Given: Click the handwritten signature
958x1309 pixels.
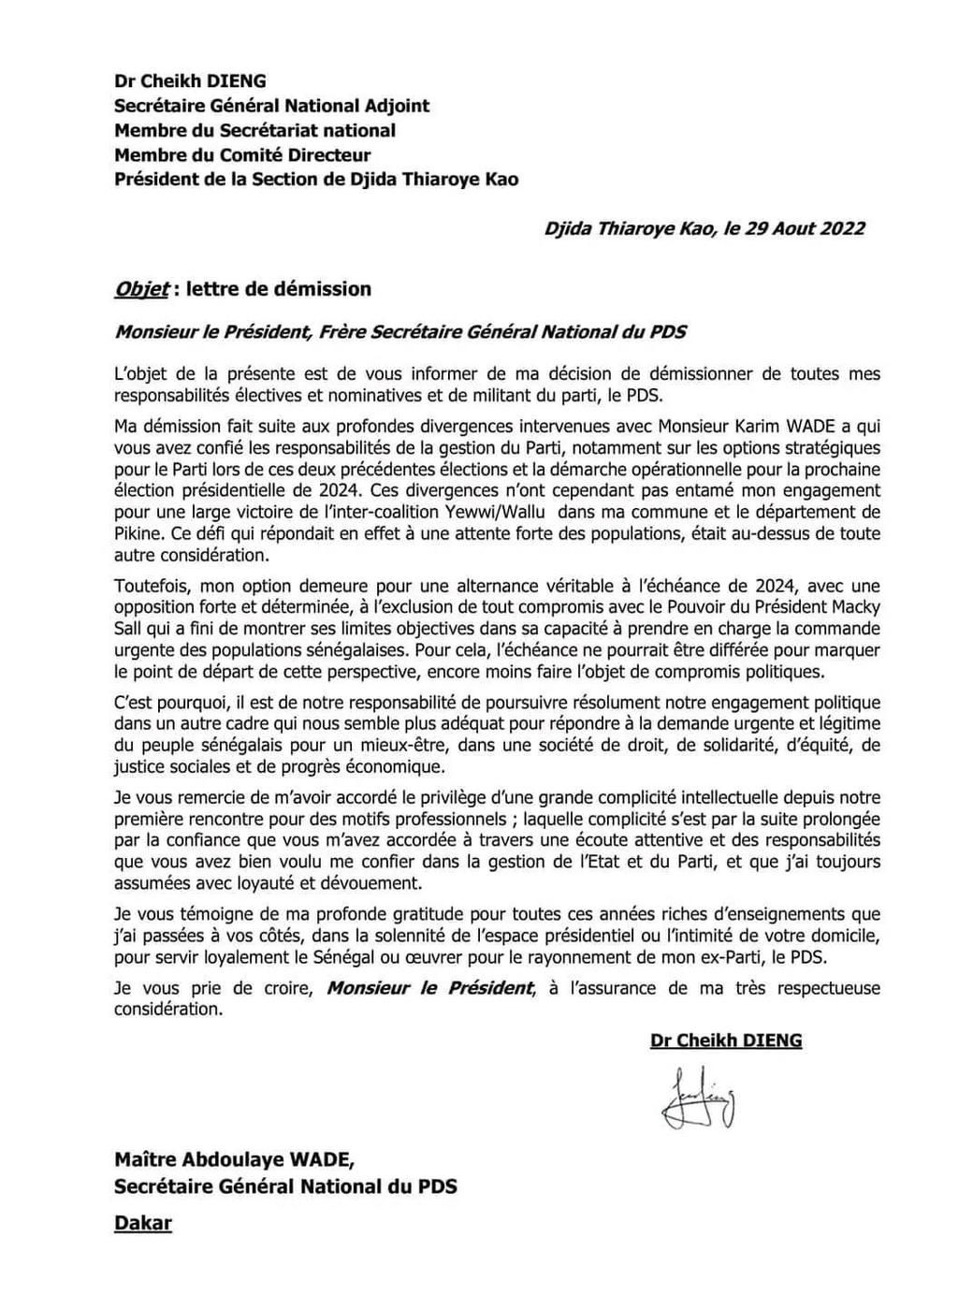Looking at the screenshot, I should point(701,1098).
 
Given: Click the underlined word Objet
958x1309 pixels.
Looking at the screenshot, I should point(141,289).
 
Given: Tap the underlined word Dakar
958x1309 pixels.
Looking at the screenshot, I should point(143,1222).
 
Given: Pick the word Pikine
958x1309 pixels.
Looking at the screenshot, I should point(137,533).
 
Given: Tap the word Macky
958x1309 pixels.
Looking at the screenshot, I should point(855,606).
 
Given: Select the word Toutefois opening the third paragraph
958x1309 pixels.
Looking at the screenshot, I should point(151,586).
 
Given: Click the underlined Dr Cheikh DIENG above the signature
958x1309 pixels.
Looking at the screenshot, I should point(726,1040).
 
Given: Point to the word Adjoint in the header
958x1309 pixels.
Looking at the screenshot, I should point(393,106).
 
